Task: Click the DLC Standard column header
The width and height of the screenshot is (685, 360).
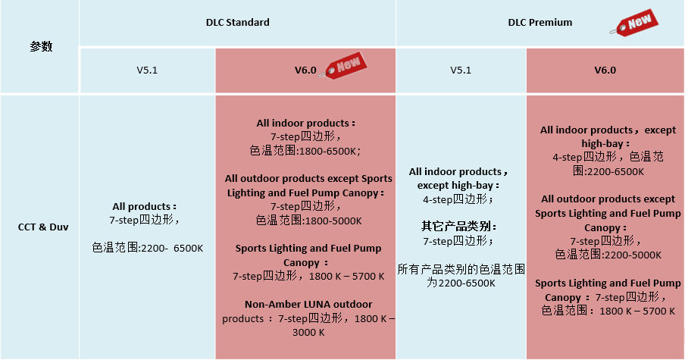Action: point(238,22)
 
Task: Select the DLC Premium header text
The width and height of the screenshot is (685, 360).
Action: point(540,22)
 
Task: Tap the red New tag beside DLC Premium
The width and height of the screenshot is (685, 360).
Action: point(634,22)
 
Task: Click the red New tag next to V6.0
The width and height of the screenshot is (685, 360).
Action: point(343,66)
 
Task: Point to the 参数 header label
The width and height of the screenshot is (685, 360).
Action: point(41,46)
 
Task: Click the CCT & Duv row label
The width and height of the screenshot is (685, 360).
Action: point(43,227)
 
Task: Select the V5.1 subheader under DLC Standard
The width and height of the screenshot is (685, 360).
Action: point(147,70)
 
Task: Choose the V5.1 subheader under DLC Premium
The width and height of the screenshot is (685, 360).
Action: point(461,70)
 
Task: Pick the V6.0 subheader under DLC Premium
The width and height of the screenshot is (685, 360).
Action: point(605,70)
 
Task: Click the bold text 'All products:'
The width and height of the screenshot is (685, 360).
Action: point(144,206)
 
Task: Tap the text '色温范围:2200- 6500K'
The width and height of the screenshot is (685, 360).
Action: point(148,248)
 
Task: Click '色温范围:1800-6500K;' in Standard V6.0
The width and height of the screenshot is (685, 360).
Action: point(305,151)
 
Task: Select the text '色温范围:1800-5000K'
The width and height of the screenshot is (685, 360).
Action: point(308,221)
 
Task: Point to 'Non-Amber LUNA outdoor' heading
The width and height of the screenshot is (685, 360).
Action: point(308,304)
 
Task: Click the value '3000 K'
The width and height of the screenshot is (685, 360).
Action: point(308,332)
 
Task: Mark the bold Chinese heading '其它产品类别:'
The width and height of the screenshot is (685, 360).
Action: point(458,227)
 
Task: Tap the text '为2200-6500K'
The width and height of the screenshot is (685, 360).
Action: point(461,283)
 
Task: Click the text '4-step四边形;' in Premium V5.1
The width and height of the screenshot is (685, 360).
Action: point(458,199)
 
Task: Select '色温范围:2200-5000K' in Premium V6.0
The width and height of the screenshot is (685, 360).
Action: point(608,254)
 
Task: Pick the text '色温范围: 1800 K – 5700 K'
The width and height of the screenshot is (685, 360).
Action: point(608,311)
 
